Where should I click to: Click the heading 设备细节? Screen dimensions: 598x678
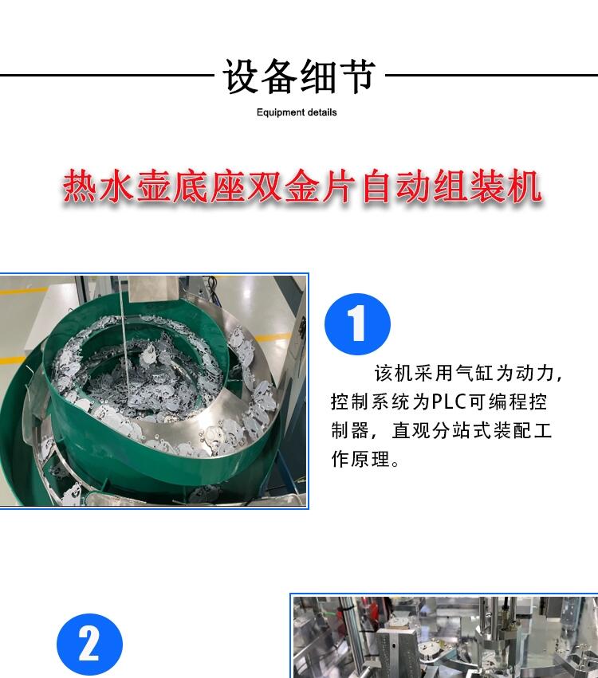298,76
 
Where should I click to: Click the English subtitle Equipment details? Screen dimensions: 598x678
297,112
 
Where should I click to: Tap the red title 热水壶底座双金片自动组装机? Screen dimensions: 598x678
301,186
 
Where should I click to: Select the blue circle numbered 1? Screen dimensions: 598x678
357,324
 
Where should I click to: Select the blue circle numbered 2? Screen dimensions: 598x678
89,645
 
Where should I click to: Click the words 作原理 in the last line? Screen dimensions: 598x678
360,459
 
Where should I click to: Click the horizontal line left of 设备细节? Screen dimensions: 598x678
107,75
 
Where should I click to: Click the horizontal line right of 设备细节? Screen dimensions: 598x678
491,75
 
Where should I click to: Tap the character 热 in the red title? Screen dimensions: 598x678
80,186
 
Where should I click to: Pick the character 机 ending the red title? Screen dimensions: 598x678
525,186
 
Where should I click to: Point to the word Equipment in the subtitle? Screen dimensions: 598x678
277,112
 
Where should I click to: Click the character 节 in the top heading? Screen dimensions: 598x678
356,76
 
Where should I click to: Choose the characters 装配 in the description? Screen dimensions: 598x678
513,430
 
